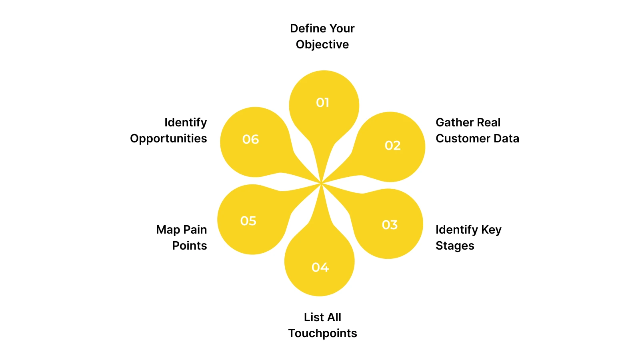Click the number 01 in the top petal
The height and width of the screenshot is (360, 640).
(x=322, y=103)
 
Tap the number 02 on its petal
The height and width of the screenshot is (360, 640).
(x=392, y=146)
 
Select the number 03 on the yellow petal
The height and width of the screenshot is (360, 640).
(x=390, y=225)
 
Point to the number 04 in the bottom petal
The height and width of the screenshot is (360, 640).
(x=320, y=267)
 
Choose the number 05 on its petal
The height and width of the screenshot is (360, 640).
(x=248, y=221)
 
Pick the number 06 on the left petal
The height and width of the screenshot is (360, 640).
(x=250, y=139)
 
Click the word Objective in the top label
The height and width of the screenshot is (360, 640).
(x=322, y=44)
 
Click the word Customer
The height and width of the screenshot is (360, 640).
(x=463, y=138)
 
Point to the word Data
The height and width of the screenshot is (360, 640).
(x=506, y=138)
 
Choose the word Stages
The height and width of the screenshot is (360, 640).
(x=455, y=246)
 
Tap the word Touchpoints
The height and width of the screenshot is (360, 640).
(x=322, y=333)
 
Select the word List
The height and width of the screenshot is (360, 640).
(x=314, y=317)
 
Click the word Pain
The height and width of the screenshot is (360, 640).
(x=195, y=230)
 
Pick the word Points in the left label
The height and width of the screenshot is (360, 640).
(x=189, y=246)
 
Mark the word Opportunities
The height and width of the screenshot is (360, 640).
(x=168, y=138)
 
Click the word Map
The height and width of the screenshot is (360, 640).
(x=168, y=230)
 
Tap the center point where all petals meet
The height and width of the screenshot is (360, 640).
(x=321, y=183)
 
